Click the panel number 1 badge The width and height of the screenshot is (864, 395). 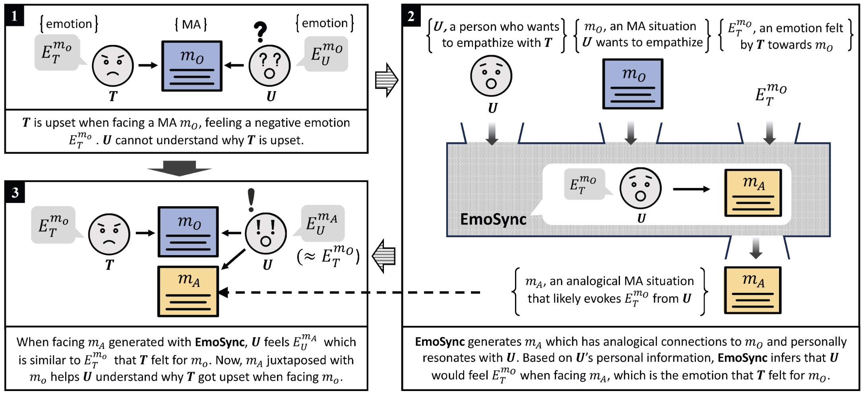(x=14, y=16)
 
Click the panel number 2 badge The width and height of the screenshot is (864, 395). (x=411, y=16)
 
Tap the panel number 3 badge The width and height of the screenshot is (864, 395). (x=15, y=193)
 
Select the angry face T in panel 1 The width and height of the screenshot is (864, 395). (x=112, y=66)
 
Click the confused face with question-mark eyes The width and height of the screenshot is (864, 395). (x=269, y=66)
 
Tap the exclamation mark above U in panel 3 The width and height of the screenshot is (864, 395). (x=251, y=200)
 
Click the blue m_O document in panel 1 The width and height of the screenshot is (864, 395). (x=192, y=66)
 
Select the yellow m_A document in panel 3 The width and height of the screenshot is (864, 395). (x=188, y=291)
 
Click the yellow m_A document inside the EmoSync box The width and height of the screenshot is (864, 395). (x=753, y=193)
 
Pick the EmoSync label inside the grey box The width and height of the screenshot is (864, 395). (x=493, y=219)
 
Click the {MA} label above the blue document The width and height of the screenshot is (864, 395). (x=191, y=25)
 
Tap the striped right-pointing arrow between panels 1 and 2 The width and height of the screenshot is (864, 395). (x=386, y=80)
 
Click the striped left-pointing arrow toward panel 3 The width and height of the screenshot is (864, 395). (x=384, y=256)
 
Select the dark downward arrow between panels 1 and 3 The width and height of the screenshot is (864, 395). (x=179, y=168)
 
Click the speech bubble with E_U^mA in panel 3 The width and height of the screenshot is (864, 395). (x=322, y=223)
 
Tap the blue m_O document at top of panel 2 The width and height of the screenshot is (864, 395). (x=633, y=84)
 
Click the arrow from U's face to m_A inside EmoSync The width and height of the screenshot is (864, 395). (x=691, y=189)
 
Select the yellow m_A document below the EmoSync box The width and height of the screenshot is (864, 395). (x=752, y=290)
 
